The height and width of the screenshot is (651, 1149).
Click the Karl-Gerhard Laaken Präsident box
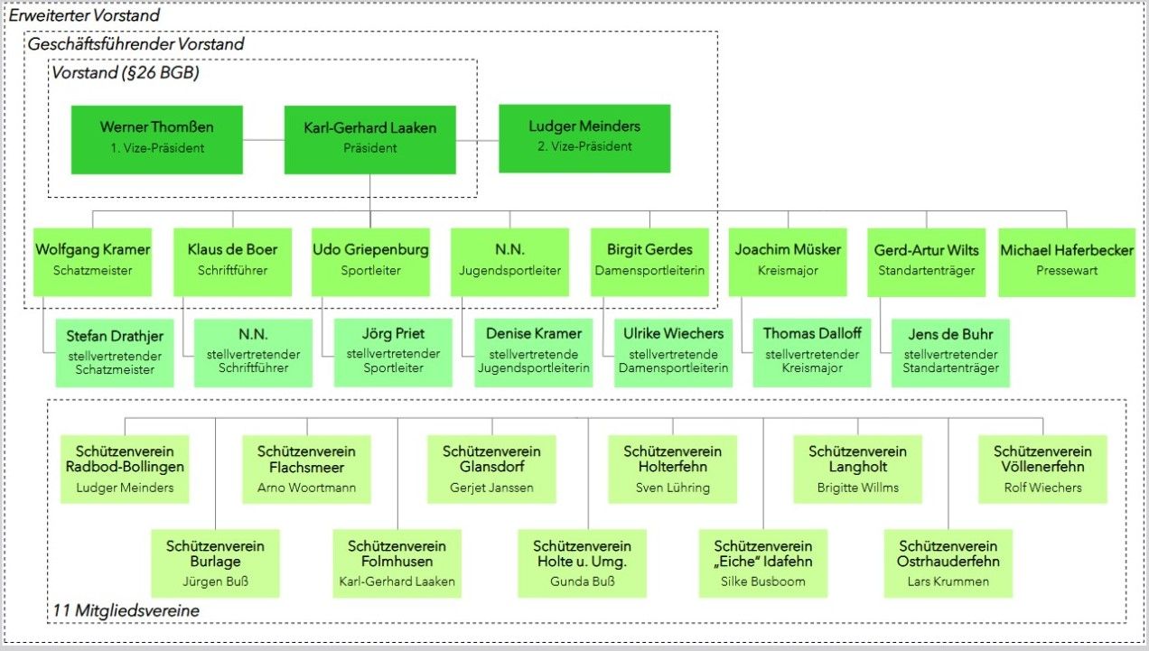point(369,139)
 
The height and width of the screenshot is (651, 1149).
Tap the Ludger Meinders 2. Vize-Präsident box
point(584,137)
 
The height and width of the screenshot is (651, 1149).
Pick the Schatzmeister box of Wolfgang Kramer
point(92,261)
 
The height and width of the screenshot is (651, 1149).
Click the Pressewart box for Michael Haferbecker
point(1067,261)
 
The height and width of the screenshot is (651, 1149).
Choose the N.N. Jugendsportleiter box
point(509,261)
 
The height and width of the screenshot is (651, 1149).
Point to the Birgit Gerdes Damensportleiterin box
point(650,261)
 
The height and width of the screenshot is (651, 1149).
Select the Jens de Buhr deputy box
point(950,352)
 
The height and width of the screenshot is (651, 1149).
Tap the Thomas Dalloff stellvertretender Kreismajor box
point(811,352)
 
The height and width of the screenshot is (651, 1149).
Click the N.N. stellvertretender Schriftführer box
point(254,352)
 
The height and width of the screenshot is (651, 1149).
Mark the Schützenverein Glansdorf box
point(491,469)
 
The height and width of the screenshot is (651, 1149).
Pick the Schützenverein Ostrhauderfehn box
point(948,563)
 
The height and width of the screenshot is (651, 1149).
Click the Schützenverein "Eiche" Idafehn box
point(762,563)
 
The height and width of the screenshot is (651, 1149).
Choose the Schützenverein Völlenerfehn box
point(1042,469)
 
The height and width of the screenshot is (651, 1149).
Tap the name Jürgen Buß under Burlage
point(215,581)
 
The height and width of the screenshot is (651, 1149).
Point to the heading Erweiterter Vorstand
point(84,15)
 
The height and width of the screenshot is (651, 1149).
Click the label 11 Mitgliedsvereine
point(126,611)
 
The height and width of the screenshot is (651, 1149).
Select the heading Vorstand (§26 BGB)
point(125,73)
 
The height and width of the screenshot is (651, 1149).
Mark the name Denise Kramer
point(534,334)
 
